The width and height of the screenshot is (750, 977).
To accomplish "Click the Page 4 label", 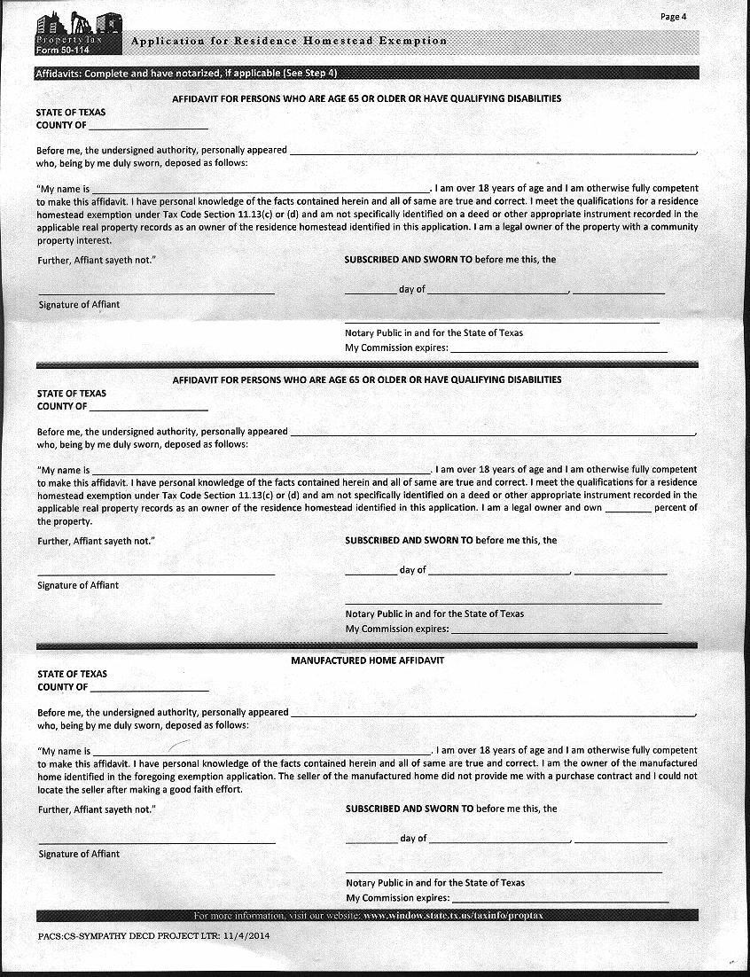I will [674, 17].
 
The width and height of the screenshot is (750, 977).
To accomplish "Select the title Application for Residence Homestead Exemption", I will [289, 42].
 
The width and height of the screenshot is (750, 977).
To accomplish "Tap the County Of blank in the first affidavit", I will [148, 127].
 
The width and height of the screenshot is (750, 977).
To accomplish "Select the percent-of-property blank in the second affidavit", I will [629, 510].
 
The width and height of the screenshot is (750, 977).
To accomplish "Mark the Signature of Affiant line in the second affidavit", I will [156, 573].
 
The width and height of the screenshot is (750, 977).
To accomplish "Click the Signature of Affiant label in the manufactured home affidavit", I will [79, 854].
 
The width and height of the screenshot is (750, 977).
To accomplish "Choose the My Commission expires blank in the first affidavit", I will [559, 350].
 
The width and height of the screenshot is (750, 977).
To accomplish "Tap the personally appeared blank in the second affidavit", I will [493, 433].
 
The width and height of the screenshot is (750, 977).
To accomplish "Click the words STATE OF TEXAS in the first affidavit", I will [71, 113].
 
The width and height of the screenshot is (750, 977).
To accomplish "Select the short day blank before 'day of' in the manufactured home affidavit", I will [371, 840].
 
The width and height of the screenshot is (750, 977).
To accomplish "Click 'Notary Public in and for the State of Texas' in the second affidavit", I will [434, 614].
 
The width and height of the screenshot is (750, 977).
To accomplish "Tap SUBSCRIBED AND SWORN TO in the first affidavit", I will [408, 260].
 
